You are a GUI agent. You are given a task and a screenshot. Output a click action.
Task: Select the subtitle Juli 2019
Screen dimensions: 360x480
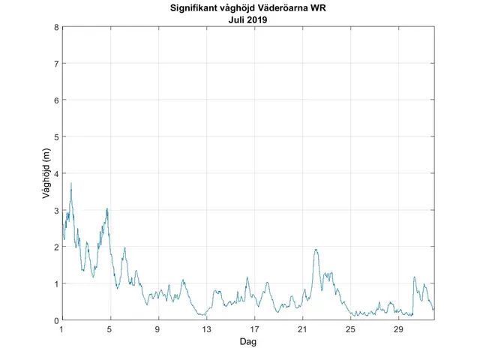pos(248,20)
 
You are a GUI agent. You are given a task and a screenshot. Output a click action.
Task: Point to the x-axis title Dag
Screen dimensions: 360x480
pos(248,342)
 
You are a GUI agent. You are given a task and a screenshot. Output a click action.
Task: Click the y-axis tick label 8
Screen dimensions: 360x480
pos(55,28)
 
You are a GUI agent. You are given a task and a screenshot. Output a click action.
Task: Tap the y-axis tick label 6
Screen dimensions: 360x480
pos(55,100)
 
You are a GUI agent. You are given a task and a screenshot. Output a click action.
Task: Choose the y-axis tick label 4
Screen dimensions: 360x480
pos(55,174)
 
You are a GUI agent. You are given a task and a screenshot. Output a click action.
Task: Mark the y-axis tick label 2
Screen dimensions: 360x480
pos(55,247)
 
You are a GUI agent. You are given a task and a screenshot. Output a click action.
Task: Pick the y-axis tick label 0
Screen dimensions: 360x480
pos(55,320)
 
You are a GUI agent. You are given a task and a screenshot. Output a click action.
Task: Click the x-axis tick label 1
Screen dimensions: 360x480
pos(62,329)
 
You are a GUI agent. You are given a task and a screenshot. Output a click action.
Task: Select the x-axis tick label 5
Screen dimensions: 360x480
pos(110,329)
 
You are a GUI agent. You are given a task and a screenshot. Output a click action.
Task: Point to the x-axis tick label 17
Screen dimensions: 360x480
pos(254,329)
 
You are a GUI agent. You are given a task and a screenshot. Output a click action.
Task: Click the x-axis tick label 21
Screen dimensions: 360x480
pos(302,329)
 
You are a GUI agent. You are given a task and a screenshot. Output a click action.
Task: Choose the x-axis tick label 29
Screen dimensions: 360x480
pos(398,329)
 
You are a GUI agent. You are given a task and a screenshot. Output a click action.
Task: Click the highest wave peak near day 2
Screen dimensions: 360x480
pos(71,184)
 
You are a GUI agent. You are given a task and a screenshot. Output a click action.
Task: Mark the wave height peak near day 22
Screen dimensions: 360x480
pos(316,250)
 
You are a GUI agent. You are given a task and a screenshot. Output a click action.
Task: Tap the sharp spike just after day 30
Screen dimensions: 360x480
pos(414,277)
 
